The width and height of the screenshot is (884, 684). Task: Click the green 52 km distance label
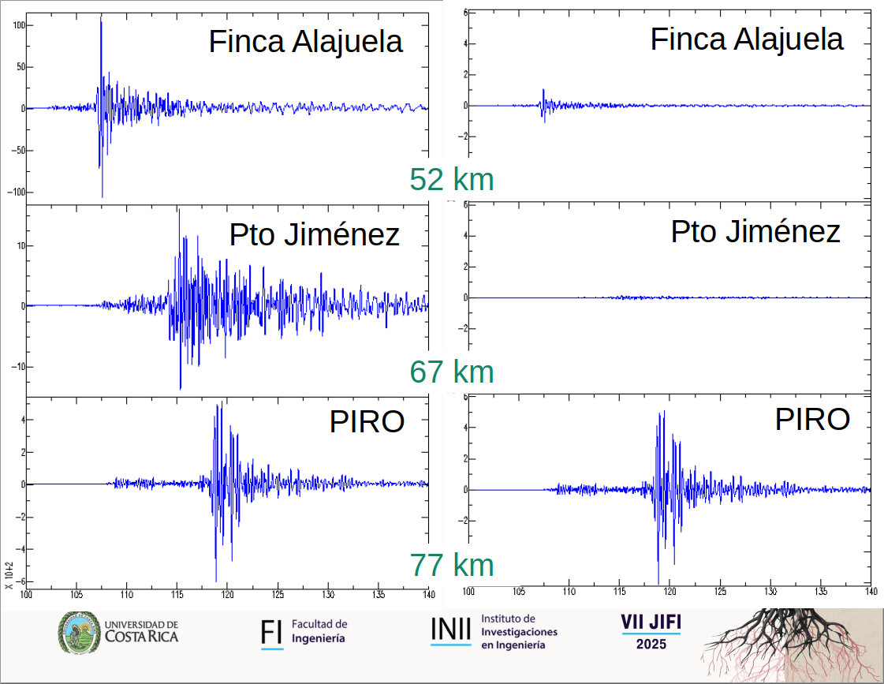[451, 180]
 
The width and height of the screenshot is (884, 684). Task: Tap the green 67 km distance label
[451, 372]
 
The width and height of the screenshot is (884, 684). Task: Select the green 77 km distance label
[451, 565]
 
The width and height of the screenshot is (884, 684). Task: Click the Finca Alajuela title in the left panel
[306, 42]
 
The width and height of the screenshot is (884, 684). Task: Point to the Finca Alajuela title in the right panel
[747, 39]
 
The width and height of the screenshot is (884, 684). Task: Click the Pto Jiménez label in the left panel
[314, 234]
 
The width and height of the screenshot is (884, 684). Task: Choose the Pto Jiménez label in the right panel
[755, 231]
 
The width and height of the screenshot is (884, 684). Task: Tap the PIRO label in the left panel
[367, 422]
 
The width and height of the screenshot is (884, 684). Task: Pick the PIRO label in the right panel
[812, 419]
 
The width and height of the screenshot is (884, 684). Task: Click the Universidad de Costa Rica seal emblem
[80, 633]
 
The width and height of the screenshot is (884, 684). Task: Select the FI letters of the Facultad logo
[272, 632]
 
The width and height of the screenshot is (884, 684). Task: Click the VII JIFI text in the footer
[651, 623]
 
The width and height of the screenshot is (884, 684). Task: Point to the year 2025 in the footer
[651, 645]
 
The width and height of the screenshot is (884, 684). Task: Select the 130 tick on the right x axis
[770, 591]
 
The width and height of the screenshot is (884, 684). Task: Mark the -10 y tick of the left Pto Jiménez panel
[17, 367]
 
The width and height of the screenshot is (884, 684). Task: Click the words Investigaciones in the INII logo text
[519, 632]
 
